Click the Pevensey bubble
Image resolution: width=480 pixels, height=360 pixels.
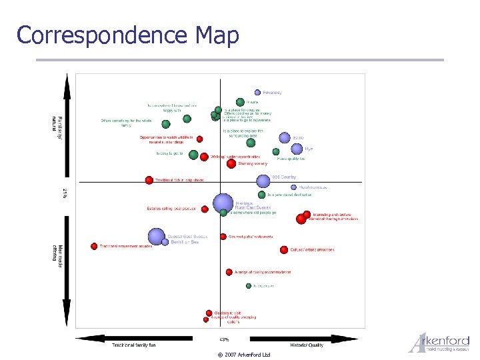click(x=257, y=93)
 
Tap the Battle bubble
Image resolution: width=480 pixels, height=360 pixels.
click(x=285, y=138)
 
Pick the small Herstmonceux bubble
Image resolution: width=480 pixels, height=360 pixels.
click(x=294, y=187)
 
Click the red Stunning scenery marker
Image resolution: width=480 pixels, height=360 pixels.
click(x=231, y=163)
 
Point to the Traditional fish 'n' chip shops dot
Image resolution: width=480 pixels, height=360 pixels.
click(x=149, y=180)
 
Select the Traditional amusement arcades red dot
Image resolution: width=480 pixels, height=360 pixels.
click(x=95, y=246)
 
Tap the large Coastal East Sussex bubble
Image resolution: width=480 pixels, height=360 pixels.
click(x=157, y=236)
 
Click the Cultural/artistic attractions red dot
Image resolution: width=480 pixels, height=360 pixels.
click(x=284, y=250)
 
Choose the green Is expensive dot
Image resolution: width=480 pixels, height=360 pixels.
click(x=249, y=286)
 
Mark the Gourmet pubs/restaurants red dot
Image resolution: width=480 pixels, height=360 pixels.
click(x=223, y=237)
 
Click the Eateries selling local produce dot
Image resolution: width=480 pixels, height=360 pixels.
click(x=205, y=209)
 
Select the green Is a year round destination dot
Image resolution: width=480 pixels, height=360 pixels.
click(x=262, y=195)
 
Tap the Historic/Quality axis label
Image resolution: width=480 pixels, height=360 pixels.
click(x=307, y=345)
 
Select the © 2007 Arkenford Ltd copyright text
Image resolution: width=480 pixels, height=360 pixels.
click(x=243, y=355)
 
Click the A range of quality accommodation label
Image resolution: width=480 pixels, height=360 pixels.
click(x=263, y=272)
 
